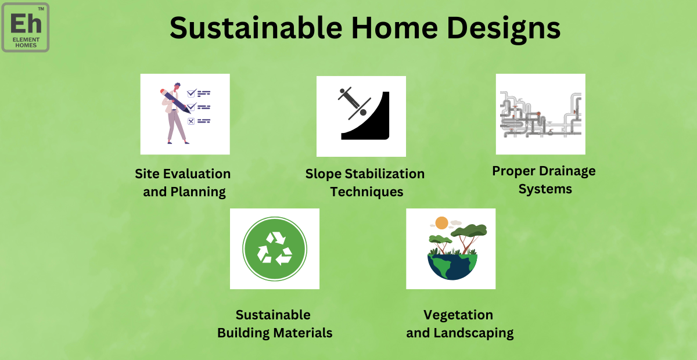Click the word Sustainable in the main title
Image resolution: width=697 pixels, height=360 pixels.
click(256, 28)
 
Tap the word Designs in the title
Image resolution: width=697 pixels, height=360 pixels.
click(503, 30)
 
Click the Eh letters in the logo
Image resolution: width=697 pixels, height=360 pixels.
click(26, 23)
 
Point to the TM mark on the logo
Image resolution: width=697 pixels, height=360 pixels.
click(41, 9)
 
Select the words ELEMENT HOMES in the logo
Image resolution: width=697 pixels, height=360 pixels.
click(26, 42)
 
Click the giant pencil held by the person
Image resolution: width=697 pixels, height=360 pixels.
click(175, 101)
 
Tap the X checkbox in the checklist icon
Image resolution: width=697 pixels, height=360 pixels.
click(191, 121)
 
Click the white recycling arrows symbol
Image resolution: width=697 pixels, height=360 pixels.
click(275, 249)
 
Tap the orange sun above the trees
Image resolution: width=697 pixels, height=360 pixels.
click(441, 223)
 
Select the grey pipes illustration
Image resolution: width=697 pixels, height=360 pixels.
click(541, 114)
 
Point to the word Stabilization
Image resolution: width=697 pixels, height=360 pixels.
click(385, 174)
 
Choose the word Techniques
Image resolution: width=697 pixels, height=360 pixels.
click(367, 192)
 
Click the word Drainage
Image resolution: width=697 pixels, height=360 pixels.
click(567, 171)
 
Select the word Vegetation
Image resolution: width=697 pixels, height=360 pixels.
click(458, 315)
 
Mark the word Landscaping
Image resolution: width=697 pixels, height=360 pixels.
click(473, 333)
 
